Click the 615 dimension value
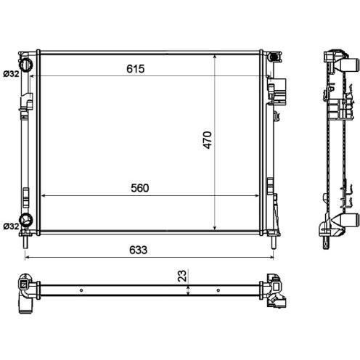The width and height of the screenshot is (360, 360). pos(136,69)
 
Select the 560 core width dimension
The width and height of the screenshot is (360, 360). pos(140,188)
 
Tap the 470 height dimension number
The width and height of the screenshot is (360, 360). pos(208,140)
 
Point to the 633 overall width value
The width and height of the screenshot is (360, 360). pos(138,250)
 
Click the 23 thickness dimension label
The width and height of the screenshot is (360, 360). pos(182,276)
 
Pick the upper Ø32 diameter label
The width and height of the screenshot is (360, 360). pos(11,74)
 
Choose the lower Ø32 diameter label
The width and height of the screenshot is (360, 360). pos(11,226)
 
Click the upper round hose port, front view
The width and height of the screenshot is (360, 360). pos(26,65)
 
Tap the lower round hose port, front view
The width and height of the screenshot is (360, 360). pos(26,220)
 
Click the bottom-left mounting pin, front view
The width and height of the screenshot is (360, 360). pos(25,242)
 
